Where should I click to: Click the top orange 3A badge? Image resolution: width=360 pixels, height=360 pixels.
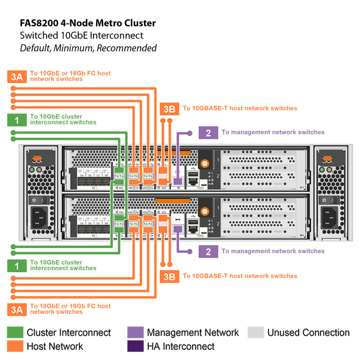coord(17,76)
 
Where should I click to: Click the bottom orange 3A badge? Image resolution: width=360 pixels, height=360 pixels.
coord(17,309)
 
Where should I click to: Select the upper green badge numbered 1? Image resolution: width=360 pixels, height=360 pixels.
coord(17,120)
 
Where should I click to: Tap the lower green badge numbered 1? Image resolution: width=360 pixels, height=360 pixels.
coord(17,265)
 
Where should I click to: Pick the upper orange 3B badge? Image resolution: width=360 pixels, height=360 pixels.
coord(169,108)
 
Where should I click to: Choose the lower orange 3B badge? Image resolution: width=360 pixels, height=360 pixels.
coord(169,276)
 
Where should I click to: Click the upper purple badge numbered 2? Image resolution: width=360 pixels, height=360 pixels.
coord(208,133)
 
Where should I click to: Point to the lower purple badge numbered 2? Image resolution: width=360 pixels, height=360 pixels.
coord(208,252)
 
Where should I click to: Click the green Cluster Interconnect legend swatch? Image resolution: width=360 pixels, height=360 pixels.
coord(15,333)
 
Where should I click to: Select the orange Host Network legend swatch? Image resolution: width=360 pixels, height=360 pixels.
coord(15,346)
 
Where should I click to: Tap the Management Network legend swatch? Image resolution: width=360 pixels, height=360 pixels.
coord(135,333)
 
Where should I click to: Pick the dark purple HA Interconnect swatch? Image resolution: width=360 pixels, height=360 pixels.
coord(135,346)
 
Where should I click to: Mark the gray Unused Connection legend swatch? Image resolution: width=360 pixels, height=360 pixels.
coord(256,333)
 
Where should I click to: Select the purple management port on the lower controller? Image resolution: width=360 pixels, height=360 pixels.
coord(178,229)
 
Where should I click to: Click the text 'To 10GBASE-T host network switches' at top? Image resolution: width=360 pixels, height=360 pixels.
coord(240,108)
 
